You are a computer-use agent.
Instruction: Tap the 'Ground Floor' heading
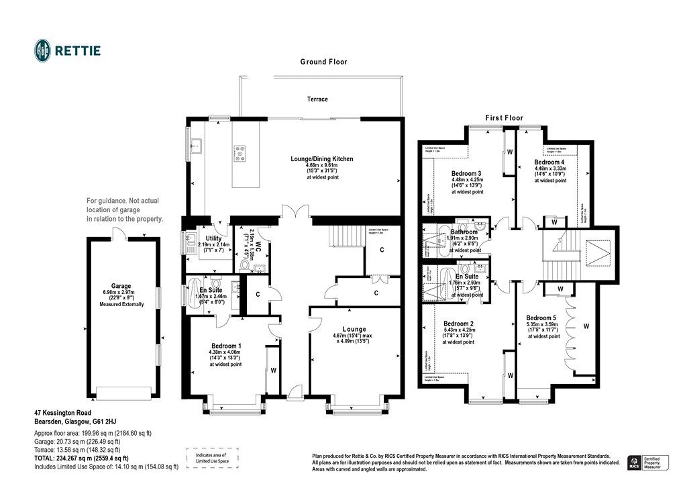coord(323,62)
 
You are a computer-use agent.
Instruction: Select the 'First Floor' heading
coord(505,117)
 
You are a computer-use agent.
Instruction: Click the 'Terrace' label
coord(317,99)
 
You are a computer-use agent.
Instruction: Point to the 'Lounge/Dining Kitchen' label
coord(321,159)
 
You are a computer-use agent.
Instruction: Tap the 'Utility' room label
coord(213,238)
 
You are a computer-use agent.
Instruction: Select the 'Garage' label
coord(121,285)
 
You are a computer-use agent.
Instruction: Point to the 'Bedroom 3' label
coord(467,173)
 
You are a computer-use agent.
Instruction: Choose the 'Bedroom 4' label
coord(549,162)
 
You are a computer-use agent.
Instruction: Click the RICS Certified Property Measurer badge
coord(649,462)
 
